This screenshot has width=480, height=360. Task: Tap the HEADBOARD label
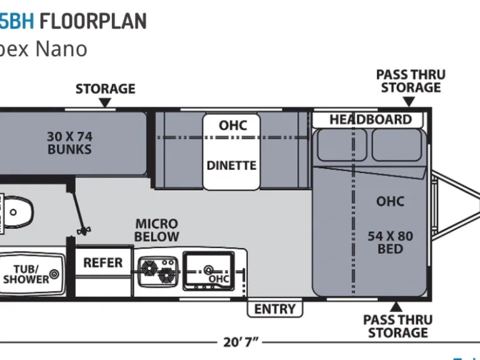371,119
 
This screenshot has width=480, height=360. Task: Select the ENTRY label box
275,309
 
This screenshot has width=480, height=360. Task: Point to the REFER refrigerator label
103,262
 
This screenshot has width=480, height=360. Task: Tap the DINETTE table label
231,166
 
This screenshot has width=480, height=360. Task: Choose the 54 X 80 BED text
390,242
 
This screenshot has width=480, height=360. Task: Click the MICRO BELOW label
157,230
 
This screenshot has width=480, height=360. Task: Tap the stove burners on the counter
157,271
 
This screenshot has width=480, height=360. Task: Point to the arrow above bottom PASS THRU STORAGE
396,306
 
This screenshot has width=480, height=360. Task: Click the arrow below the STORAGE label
105,103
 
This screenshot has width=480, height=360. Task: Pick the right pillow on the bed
397,145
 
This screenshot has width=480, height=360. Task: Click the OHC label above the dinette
232,126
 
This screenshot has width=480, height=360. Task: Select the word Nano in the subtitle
61,49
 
